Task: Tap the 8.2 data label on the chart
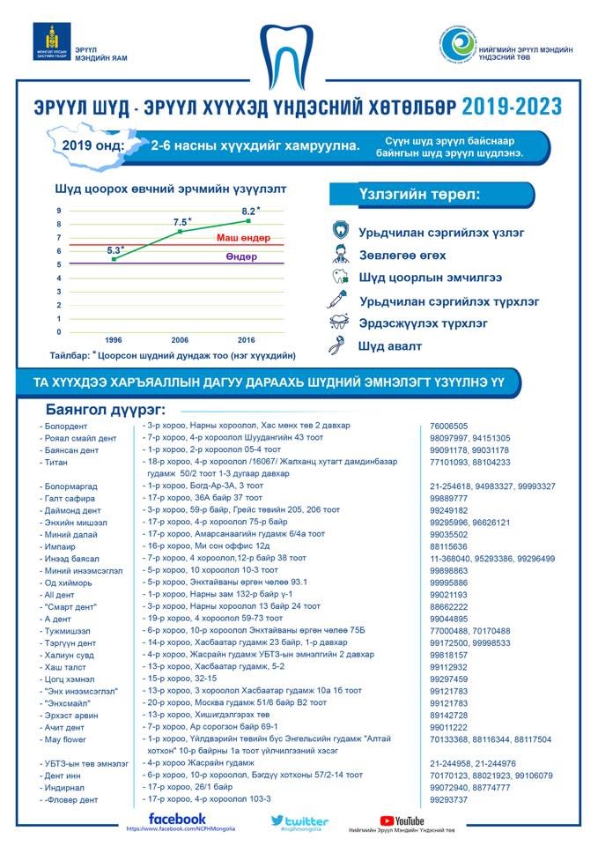[x=249, y=211]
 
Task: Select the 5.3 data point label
[x=115, y=250]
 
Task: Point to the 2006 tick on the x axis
[x=180, y=339]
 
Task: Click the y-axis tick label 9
[x=59, y=211]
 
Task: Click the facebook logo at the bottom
[x=177, y=819]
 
